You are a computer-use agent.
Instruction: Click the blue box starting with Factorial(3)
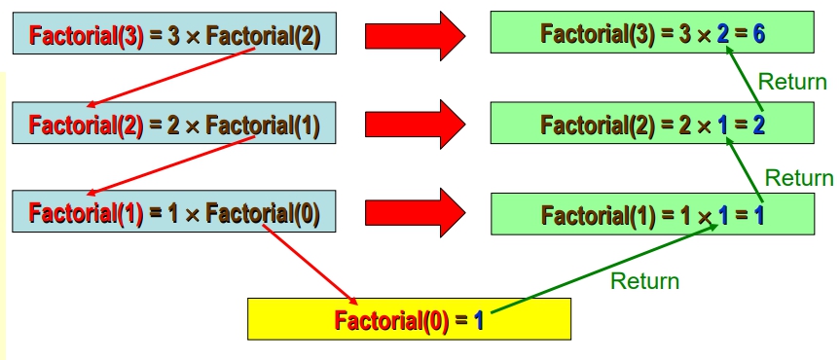point(174,36)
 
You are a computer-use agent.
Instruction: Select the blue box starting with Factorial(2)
point(174,125)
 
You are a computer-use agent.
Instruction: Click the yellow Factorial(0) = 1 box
point(409,319)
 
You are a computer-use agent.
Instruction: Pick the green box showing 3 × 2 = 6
point(652,34)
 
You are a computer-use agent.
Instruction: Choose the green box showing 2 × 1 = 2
point(652,124)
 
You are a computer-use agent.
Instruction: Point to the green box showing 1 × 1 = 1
point(652,214)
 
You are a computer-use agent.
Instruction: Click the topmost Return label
point(792,82)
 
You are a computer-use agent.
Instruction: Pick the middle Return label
point(798,177)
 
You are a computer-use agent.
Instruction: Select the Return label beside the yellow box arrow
point(644,281)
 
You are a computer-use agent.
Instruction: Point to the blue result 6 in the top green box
point(758,35)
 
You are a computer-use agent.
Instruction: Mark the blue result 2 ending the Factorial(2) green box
point(758,125)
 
